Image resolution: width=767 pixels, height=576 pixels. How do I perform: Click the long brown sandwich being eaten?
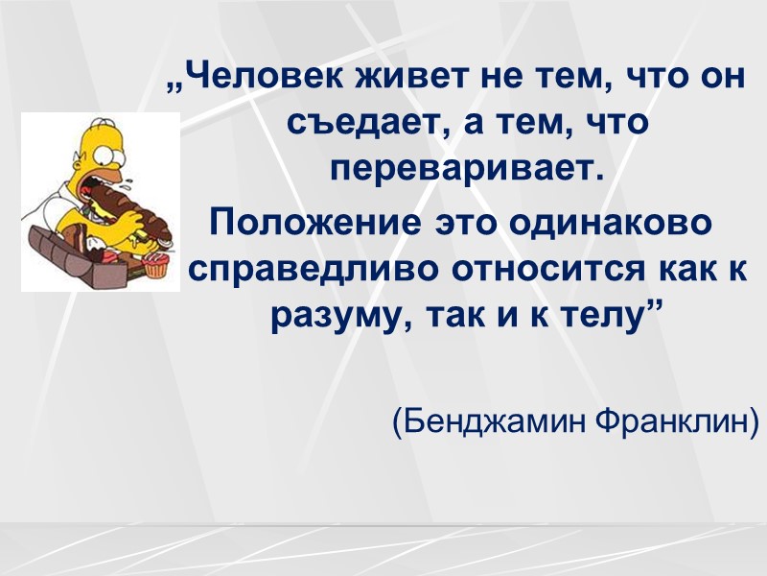click(x=134, y=216)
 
